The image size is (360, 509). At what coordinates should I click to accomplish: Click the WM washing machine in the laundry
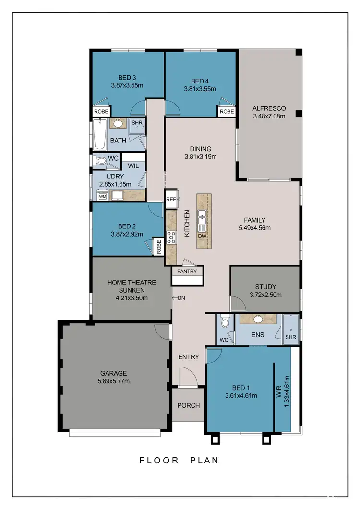tap(102, 196)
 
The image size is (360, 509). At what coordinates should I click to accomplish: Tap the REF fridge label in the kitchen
tap(171, 199)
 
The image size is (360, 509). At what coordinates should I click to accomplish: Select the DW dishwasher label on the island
tap(204, 236)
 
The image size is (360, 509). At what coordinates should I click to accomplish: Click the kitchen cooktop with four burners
tap(171, 237)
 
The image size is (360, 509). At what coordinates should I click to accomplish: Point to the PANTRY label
tap(187, 271)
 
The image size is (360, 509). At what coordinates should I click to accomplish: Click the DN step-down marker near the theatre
tap(181, 298)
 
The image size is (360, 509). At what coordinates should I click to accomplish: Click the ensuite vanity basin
tap(258, 319)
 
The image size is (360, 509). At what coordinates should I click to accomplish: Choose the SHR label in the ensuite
tap(290, 337)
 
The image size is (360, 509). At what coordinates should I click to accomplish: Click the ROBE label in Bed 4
tap(227, 111)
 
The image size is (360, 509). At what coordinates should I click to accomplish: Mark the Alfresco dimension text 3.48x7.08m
tap(269, 116)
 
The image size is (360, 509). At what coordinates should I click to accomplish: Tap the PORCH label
tap(188, 405)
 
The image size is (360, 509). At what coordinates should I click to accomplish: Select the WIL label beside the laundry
tap(133, 166)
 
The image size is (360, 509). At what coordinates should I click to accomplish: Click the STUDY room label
tap(265, 287)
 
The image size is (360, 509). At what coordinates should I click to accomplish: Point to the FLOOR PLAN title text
tap(179, 460)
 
